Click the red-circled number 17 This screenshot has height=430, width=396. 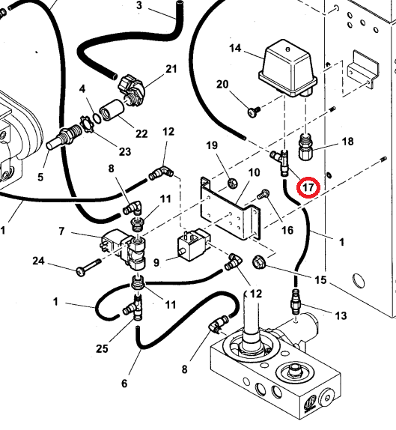(x=308, y=187)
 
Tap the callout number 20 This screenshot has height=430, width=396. (x=222, y=84)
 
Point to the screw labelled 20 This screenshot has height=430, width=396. (x=254, y=112)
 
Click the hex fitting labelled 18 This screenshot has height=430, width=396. (x=305, y=147)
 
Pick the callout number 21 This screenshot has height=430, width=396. (x=171, y=69)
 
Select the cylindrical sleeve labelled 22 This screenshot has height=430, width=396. (x=112, y=110)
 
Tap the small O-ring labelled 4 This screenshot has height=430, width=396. (x=97, y=118)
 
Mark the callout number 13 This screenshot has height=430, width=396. (x=341, y=315)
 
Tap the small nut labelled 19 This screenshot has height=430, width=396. (x=233, y=183)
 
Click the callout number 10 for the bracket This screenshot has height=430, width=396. (x=254, y=173)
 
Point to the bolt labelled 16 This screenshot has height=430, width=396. (x=263, y=194)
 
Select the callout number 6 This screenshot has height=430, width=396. (x=124, y=383)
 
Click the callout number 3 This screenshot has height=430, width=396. (x=139, y=5)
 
